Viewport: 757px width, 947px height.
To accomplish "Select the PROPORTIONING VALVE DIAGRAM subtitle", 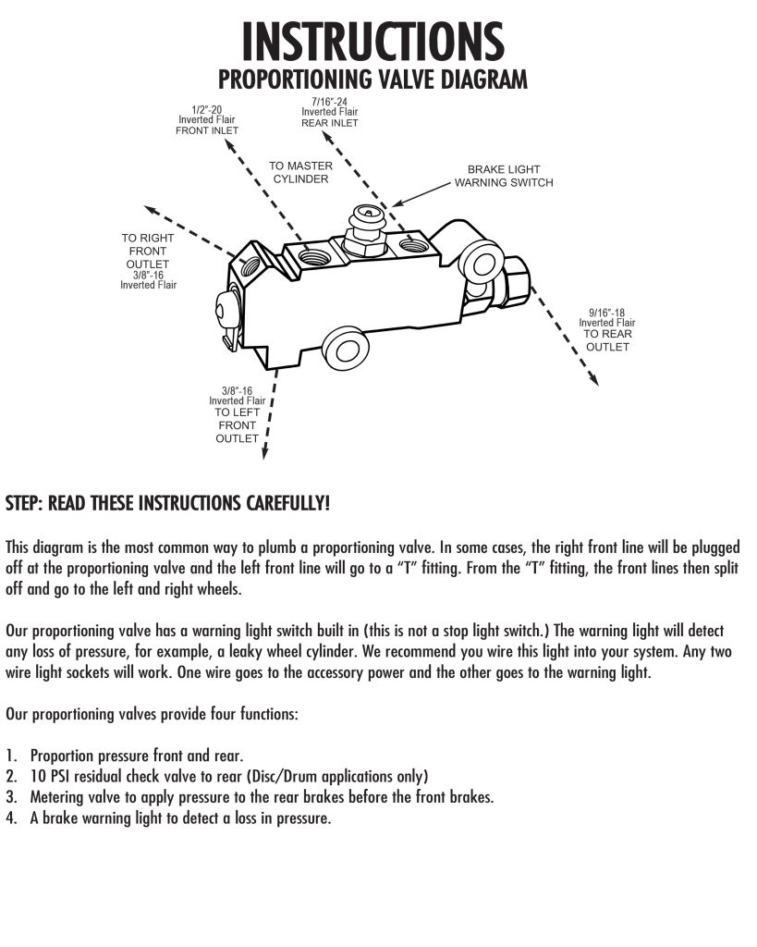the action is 372,80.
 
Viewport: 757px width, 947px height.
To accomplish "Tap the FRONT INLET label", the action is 206,130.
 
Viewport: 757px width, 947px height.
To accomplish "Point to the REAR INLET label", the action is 330,123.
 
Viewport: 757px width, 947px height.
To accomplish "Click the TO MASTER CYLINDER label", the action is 300,172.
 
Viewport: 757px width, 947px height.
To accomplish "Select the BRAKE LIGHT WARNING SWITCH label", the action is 504,176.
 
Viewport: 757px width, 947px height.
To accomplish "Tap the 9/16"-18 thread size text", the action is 606,313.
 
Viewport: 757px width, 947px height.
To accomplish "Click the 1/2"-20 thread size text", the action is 206,110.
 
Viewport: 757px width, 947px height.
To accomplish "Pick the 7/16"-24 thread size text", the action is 330,102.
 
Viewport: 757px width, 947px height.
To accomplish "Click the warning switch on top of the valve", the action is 366,229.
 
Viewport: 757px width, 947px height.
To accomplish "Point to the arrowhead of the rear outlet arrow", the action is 593,379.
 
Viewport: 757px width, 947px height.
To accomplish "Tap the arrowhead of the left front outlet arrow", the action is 264,453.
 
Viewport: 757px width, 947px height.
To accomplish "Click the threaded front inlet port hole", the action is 314,256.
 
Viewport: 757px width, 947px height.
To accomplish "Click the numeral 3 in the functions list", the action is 11,796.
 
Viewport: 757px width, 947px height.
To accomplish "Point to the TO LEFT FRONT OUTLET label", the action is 237,425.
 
